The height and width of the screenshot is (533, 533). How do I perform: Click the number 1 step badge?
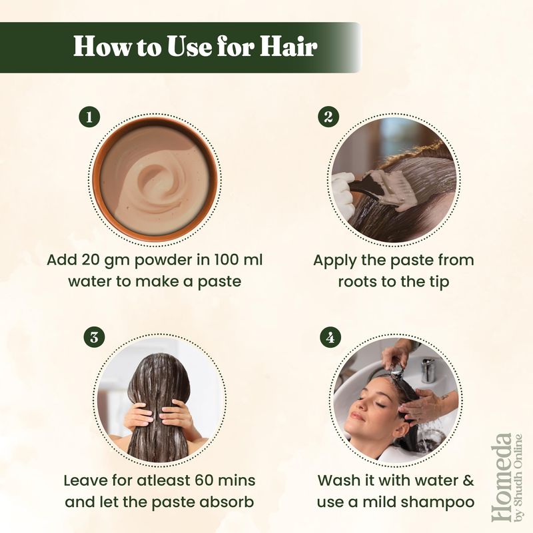(89, 117)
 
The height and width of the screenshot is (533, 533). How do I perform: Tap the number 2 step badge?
(328, 117)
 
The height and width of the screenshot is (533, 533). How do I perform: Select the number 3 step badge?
(94, 338)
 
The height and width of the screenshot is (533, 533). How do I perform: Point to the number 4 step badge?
(330, 338)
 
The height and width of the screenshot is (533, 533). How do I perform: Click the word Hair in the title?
(289, 46)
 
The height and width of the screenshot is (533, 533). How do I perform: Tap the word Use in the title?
(190, 46)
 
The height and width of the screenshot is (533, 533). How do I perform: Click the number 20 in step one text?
(92, 261)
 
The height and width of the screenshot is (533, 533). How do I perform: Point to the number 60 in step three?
(205, 480)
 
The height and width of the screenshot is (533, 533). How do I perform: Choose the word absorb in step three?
(229, 502)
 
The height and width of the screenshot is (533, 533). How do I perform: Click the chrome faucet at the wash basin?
(428, 370)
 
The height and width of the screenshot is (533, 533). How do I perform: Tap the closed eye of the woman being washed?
(380, 405)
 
